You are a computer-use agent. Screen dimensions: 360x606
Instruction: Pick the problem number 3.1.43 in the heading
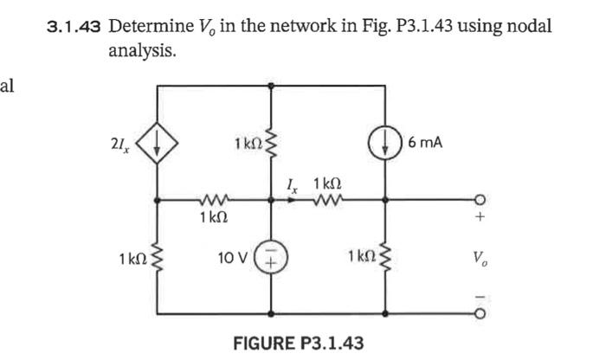coord(74,27)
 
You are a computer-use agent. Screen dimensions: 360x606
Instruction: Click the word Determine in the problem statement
coord(145,27)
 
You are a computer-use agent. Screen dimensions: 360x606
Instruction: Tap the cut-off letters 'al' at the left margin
coord(7,86)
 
